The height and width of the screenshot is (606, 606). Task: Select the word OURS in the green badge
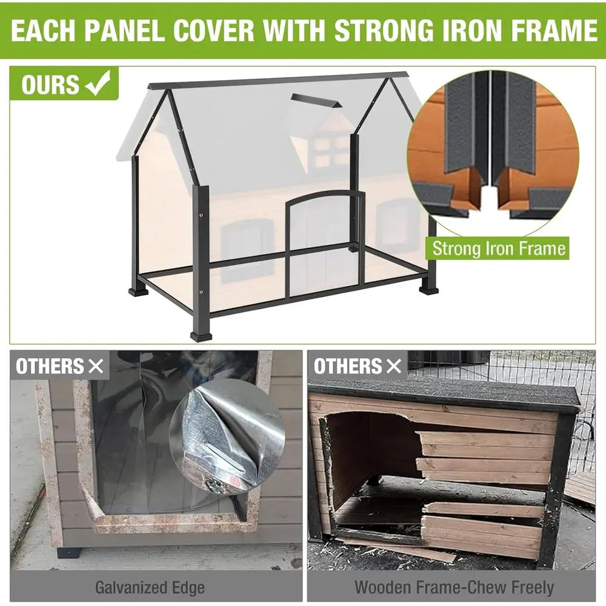coord(50,85)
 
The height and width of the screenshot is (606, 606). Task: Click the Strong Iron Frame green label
coord(499,248)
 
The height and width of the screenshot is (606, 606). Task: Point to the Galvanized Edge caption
coord(150,587)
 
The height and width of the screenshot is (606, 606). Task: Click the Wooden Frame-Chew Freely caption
coord(453,587)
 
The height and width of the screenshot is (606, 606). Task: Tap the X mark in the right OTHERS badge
coord(394,366)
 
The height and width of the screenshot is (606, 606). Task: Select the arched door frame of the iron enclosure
coord(325,242)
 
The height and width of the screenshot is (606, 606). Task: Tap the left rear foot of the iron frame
coord(138,291)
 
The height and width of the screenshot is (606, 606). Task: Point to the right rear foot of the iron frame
coord(428,289)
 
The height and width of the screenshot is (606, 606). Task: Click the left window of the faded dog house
coord(247,250)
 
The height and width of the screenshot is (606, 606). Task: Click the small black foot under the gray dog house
coord(69,552)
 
